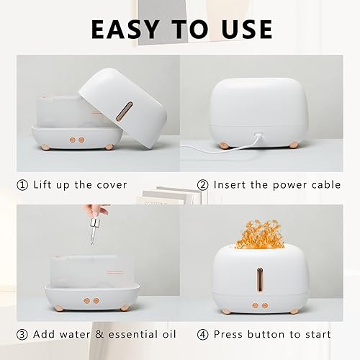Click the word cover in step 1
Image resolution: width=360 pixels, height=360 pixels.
(109, 185)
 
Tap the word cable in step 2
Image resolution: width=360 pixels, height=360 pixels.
(325, 185)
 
